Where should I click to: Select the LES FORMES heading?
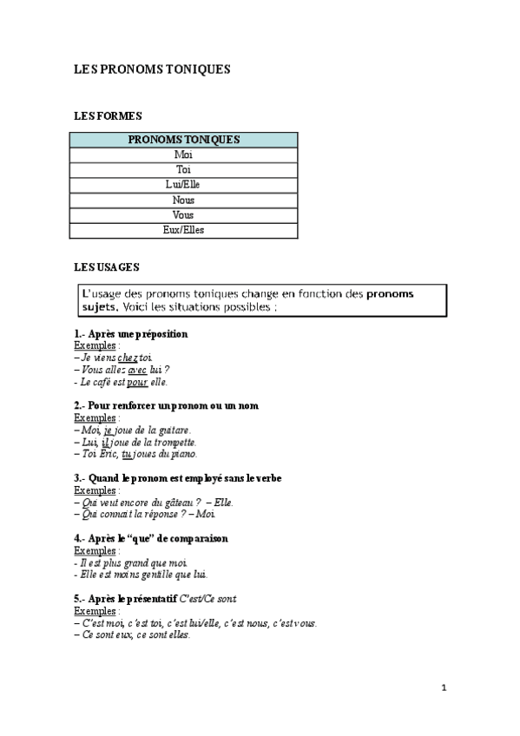pos(108,115)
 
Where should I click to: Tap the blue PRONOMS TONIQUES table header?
pos(183,139)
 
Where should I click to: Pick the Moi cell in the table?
pos(183,154)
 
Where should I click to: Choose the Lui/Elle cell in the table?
pos(183,185)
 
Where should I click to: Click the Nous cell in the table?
pos(183,200)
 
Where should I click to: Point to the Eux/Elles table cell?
pos(183,230)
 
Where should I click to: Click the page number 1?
pos(444,688)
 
